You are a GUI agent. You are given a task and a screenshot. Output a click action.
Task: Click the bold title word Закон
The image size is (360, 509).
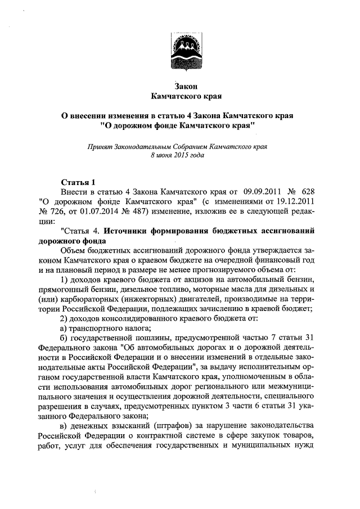[180, 86]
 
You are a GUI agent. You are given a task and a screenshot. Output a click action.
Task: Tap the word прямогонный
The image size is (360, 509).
[61, 290]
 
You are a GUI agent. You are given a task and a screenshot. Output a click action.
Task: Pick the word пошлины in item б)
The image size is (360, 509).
[152, 341]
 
